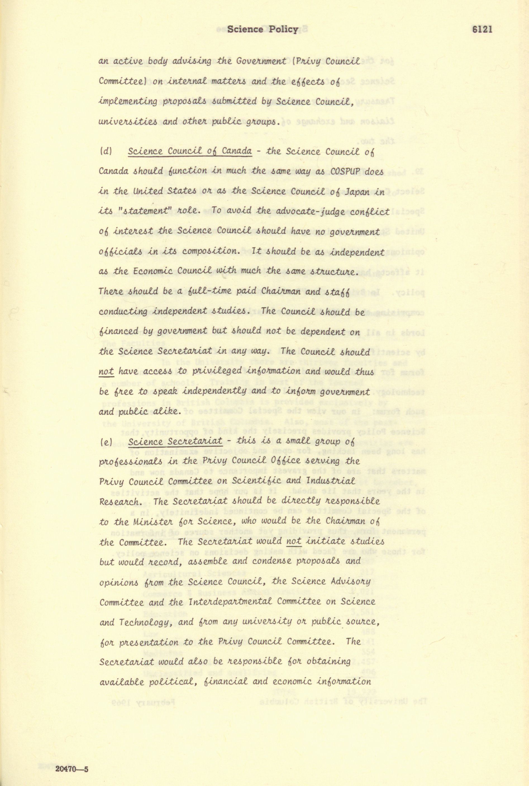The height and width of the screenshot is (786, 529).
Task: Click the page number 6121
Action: coord(482,29)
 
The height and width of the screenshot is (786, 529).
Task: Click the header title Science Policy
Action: coord(263,29)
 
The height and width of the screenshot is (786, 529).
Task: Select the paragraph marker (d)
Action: coord(106,151)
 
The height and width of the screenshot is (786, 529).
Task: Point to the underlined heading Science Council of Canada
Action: coord(189,151)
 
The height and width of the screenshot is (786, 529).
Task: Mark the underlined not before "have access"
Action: coord(106,372)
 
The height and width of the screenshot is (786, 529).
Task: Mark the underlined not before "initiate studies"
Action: coord(293,541)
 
